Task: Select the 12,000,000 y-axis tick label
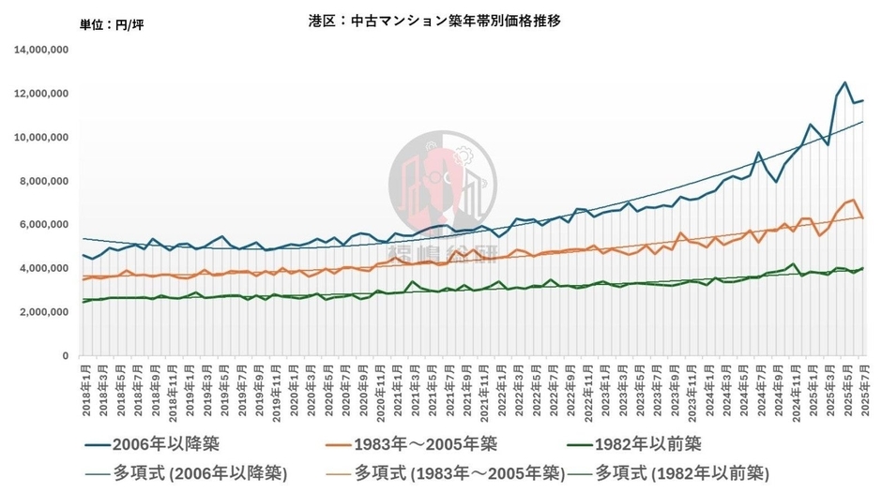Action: click(41, 94)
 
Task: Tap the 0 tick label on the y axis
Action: click(65, 356)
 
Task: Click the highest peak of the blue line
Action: click(845, 82)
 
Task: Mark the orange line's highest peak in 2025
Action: click(851, 200)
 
